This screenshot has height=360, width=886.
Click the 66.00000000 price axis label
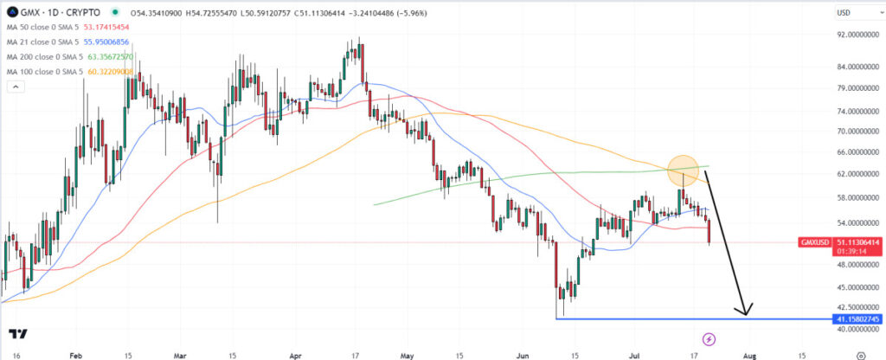[x=850, y=152]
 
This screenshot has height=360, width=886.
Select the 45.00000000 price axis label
[x=850, y=287]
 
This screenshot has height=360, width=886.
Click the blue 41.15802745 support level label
[x=857, y=319]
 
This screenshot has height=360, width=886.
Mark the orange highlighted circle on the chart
[x=683, y=169]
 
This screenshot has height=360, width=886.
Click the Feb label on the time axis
[x=75, y=355]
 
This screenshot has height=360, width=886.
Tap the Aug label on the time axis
[x=750, y=355]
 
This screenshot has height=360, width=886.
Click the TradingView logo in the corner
[x=16, y=334]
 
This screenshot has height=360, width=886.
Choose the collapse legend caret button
[x=16, y=87]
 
